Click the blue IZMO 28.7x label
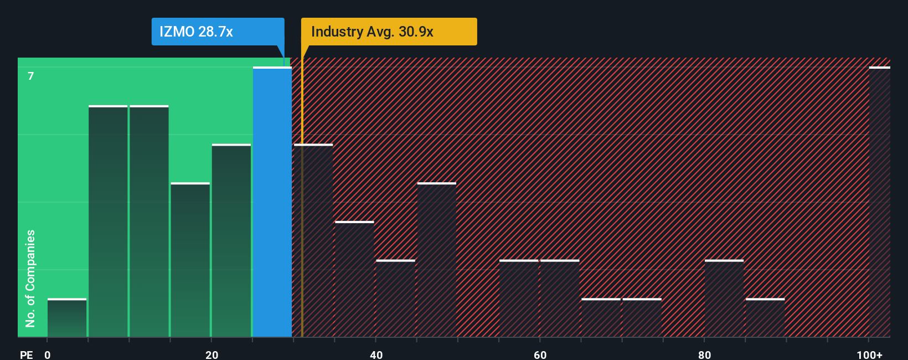point(218,32)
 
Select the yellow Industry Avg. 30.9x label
point(389,32)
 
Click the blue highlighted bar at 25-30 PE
point(272,202)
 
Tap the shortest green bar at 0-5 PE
point(67,318)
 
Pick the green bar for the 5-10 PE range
point(108,222)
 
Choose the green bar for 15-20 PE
point(190,260)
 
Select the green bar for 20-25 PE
point(231,241)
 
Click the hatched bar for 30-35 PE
point(313,241)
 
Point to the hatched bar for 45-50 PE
point(437,260)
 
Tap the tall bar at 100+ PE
point(879,202)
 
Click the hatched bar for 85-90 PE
point(765,318)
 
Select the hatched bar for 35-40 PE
point(354,279)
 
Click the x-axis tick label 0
point(48,354)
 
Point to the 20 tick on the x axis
point(211,354)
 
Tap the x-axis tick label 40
point(376,354)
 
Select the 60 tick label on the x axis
point(540,354)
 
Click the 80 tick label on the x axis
point(704,354)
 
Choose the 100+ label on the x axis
point(869,354)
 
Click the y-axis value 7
point(31,76)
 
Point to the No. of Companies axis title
point(30,278)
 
